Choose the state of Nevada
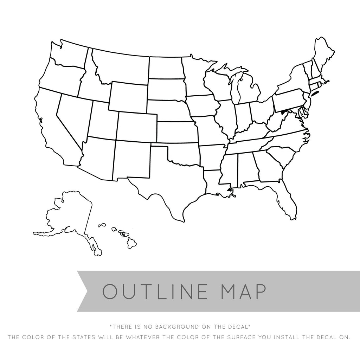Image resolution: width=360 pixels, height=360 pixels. (x=74, y=116)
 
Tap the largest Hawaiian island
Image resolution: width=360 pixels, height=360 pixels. (x=131, y=242)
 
